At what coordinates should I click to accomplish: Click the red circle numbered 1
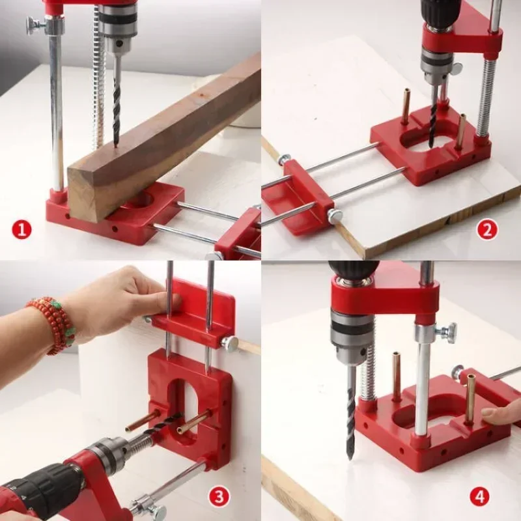tap(22, 229)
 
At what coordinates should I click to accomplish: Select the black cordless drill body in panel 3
tap(39, 488)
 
